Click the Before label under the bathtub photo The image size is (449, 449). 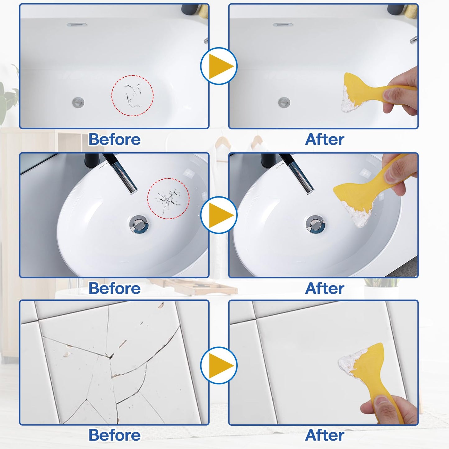(114, 139)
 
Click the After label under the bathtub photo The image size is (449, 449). (324, 139)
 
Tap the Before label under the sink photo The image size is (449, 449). (114, 288)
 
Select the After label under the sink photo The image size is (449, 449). (324, 288)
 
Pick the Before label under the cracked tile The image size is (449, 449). (114, 435)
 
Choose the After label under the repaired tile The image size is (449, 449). (324, 435)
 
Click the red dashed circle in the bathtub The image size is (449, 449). (132, 96)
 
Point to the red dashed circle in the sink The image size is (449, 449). (168, 199)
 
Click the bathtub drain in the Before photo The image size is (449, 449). (78, 102)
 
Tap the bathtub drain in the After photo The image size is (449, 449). (284, 102)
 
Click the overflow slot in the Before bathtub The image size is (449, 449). (77, 25)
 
